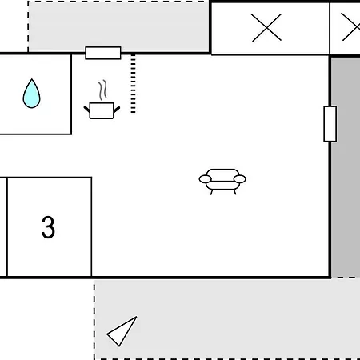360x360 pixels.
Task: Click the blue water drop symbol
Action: click(x=31, y=94)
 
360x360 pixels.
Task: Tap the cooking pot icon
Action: click(x=102, y=110)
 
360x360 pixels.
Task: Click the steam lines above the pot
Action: click(x=102, y=90)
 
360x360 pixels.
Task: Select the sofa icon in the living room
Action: click(x=222, y=182)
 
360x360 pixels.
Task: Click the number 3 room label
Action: click(x=48, y=227)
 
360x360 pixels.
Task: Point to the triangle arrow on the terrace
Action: click(x=122, y=331)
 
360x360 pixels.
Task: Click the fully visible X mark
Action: click(x=266, y=27)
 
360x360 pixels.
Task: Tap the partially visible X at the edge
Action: click(x=351, y=27)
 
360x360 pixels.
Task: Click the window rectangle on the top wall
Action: click(x=103, y=53)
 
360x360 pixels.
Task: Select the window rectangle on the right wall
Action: click(x=330, y=124)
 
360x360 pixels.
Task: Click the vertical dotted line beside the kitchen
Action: click(x=133, y=84)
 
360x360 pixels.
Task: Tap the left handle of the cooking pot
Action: click(x=87, y=109)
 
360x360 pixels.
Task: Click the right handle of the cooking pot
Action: click(x=117, y=109)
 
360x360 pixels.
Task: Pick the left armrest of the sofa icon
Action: click(x=205, y=179)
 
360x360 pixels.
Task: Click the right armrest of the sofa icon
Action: click(x=240, y=179)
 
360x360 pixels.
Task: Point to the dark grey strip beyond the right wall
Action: click(x=346, y=167)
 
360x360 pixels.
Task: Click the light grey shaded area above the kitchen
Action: click(x=118, y=26)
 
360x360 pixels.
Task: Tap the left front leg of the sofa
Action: click(x=211, y=192)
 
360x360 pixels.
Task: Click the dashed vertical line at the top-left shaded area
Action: click(x=28, y=26)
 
